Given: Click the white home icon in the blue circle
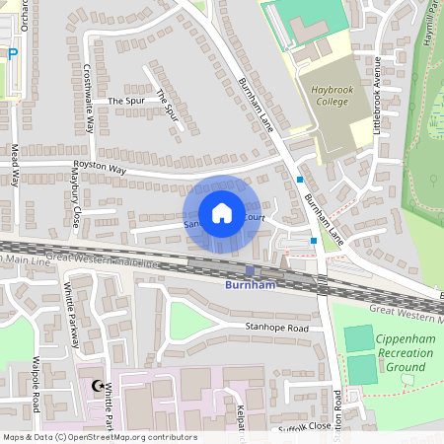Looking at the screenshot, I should (x=222, y=213).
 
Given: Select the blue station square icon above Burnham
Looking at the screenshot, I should (x=250, y=271).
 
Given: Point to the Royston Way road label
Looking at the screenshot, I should (x=100, y=169).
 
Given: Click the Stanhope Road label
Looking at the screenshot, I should (x=277, y=328).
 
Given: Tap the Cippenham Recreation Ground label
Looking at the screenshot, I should (x=406, y=353).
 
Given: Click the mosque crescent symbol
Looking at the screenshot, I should (x=98, y=387).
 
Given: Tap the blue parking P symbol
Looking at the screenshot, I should (x=13, y=55).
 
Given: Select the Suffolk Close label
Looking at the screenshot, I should (x=305, y=426).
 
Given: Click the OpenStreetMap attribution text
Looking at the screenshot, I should (x=99, y=437).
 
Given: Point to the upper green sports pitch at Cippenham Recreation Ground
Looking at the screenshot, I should (x=361, y=337).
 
